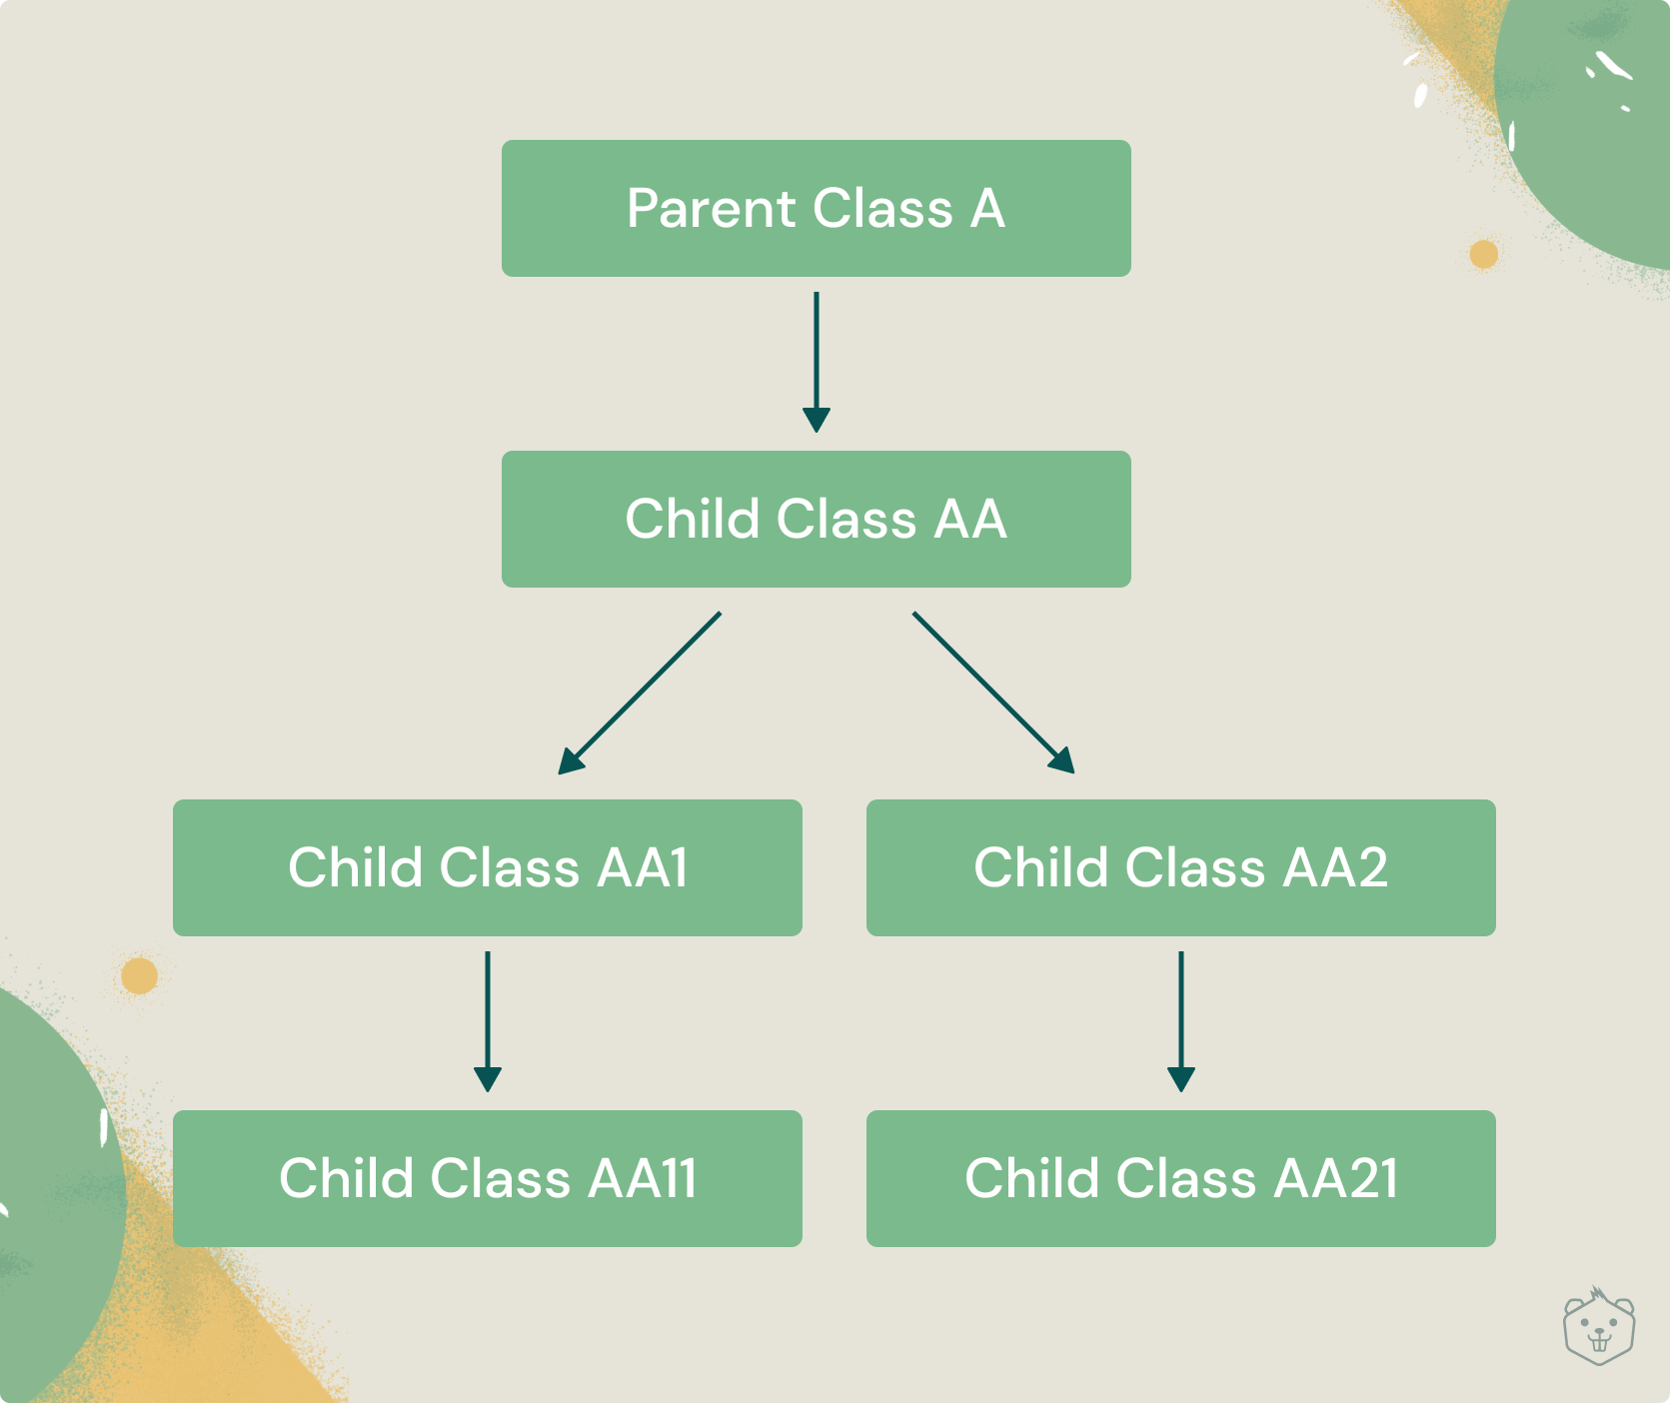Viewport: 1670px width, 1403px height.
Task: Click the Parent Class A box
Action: pyautogui.click(x=816, y=208)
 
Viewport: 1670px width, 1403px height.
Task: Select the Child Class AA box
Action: pyautogui.click(x=816, y=519)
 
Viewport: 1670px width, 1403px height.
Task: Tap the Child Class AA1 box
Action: pyautogui.click(x=488, y=867)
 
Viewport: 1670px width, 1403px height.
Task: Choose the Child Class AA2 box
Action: pyautogui.click(x=1181, y=867)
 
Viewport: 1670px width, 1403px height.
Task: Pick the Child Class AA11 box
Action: pyautogui.click(x=488, y=1178)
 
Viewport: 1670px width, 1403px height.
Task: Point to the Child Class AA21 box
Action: pyautogui.click(x=1181, y=1178)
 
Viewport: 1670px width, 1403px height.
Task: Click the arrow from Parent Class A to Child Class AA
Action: pyautogui.click(x=817, y=362)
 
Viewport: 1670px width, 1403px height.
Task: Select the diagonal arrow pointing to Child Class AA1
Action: pyautogui.click(x=640, y=693)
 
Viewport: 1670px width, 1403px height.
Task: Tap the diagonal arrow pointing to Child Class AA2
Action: pyautogui.click(x=993, y=693)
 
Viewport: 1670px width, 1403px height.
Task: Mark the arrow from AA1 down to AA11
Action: pyautogui.click(x=488, y=1021)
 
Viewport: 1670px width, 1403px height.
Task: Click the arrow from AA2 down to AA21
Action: pyautogui.click(x=1181, y=1021)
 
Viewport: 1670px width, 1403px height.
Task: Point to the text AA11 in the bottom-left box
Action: pyautogui.click(x=642, y=1178)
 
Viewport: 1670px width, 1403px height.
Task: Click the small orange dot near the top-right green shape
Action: pyautogui.click(x=1484, y=254)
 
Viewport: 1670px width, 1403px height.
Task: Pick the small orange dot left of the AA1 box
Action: pyautogui.click(x=140, y=975)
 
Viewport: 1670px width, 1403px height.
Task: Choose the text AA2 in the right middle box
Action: pyautogui.click(x=1335, y=867)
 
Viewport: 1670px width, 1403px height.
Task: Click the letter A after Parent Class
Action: pyautogui.click(x=987, y=209)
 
